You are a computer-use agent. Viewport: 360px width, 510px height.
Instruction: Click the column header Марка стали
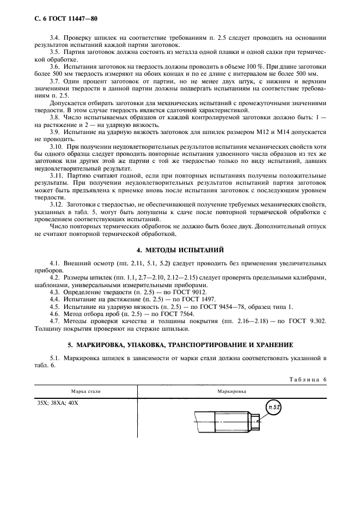tap(86, 391)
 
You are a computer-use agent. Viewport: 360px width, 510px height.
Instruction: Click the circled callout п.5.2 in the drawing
tap(273, 406)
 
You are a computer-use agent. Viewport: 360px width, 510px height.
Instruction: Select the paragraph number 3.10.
tap(56, 147)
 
